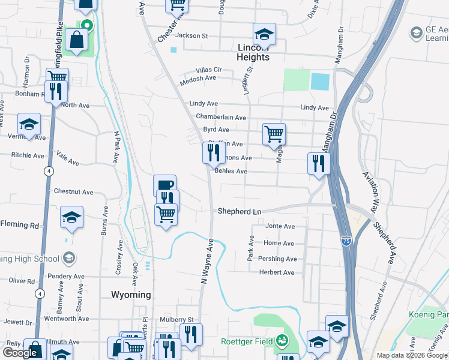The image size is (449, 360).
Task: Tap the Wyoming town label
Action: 131,295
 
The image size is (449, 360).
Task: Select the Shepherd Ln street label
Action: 240,211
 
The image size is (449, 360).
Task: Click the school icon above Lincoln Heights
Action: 264,34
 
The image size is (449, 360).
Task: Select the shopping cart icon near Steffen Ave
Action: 274,134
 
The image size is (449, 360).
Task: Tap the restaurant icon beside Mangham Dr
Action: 318,163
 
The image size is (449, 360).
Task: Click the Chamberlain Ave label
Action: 221,118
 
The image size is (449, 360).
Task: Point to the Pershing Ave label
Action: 277,259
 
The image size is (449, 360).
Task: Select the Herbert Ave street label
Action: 276,272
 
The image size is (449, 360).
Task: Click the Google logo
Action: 20,353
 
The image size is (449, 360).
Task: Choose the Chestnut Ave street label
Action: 73,192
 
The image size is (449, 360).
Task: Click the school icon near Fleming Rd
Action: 72,217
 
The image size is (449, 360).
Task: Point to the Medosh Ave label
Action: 197,79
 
